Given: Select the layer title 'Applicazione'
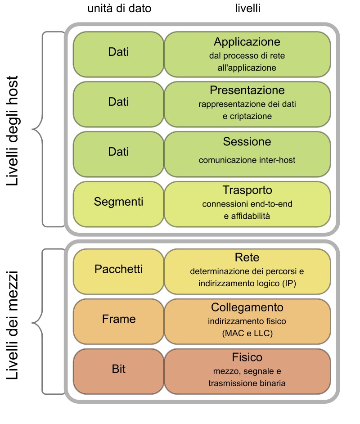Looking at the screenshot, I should (247, 42).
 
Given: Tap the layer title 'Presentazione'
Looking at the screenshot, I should (247, 90).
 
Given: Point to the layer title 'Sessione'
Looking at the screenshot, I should (247, 142).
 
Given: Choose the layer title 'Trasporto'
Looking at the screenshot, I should (247, 190).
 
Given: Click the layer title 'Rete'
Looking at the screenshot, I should (247, 257).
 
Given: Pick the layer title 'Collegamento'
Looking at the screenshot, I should (247, 307).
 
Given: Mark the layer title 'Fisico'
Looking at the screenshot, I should (247, 357).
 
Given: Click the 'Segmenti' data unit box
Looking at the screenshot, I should (118, 202).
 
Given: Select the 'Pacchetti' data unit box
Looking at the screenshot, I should (118, 270).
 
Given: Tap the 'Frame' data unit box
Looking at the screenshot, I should (118, 320).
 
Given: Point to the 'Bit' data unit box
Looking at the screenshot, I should (118, 370).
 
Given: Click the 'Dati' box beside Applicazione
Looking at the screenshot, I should (118, 52).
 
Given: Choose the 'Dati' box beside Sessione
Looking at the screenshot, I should (118, 152).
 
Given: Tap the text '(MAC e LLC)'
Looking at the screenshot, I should (247, 334).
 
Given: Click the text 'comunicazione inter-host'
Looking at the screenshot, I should (247, 160).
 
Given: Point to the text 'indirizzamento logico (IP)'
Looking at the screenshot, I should (247, 284).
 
